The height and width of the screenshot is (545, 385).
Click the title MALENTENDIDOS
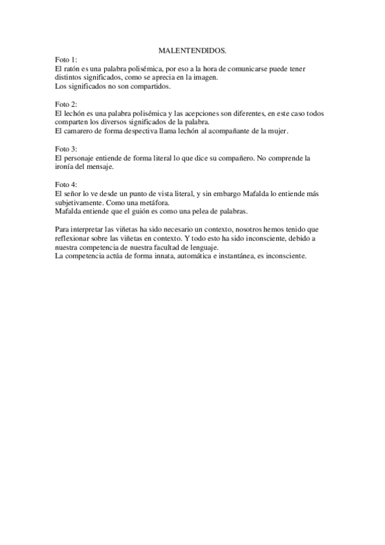[x=192, y=49]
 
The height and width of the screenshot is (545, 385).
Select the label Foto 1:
[x=66, y=59]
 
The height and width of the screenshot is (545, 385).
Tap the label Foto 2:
[x=66, y=104]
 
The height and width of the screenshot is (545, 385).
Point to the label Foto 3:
[x=66, y=148]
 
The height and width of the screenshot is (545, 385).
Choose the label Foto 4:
[x=66, y=184]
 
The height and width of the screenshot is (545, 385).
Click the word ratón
[x=73, y=68]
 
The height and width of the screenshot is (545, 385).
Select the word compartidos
[x=149, y=86]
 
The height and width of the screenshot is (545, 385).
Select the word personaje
[x=81, y=157]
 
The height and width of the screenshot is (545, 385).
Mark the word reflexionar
[x=76, y=238]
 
